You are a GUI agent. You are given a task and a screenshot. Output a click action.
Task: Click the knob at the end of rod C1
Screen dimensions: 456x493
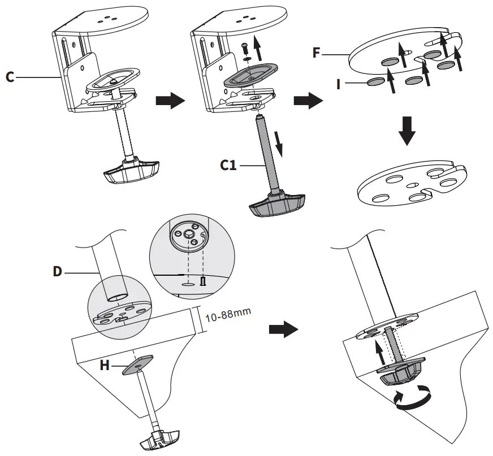(276, 205)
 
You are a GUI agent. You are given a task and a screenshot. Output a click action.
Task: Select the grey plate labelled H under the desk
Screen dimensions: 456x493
(137, 363)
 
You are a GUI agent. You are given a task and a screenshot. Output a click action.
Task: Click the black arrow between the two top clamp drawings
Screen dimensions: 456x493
(170, 101)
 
